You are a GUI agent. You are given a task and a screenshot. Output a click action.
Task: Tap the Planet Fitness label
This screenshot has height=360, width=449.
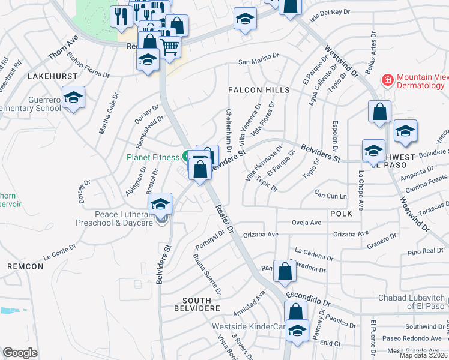coord(152,158)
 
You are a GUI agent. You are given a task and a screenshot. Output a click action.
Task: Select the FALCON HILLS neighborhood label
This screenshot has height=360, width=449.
coord(258,90)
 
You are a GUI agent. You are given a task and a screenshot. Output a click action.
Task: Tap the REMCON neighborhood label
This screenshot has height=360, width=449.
coord(25,266)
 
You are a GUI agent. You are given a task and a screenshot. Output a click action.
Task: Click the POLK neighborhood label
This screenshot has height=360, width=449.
coord(340,213)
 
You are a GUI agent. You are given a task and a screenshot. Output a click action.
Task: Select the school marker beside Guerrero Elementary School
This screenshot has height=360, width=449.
coord(73,98)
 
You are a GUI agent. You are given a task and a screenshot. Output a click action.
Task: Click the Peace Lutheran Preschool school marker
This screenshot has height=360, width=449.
coord(160,205)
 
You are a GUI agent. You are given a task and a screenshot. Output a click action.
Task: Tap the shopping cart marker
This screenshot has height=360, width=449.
coord(170,46)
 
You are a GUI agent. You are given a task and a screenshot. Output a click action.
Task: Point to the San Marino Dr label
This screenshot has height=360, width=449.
coord(259,61)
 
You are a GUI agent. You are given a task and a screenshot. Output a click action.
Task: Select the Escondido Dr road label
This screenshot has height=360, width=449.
coord(309,296)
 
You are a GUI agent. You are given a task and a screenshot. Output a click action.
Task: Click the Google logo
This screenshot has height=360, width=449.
coord(20,353)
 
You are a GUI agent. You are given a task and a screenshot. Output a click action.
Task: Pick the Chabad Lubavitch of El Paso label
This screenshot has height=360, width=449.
coord(411,302)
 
